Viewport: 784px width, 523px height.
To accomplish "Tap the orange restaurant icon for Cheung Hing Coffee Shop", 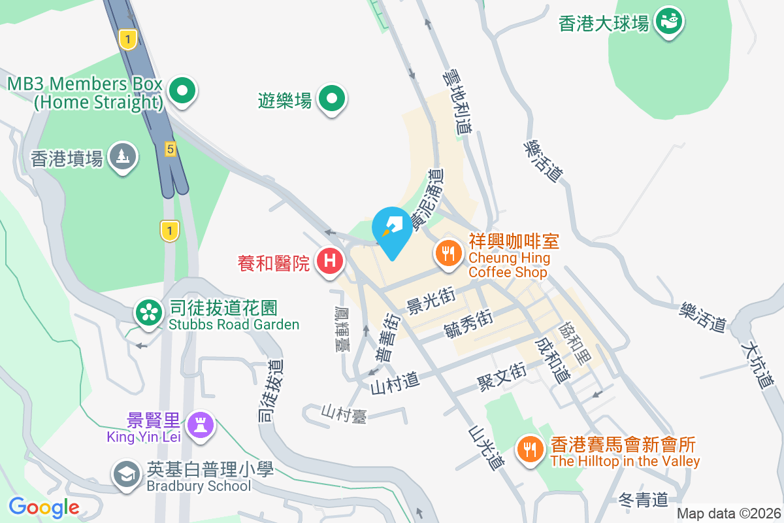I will pyautogui.click(x=448, y=252).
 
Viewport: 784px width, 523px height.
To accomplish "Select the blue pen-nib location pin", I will pyautogui.click(x=392, y=229).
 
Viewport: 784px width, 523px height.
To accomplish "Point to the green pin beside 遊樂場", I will pyautogui.click(x=332, y=99).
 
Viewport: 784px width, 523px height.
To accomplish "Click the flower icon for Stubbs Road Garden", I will pyautogui.click(x=149, y=312).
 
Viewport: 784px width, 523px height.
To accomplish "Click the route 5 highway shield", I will pyautogui.click(x=170, y=150).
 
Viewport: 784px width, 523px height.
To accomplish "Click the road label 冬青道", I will pyautogui.click(x=643, y=501).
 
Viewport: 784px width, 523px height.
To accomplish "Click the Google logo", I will pyautogui.click(x=44, y=507).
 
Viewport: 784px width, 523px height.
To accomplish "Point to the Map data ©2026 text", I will pyautogui.click(x=728, y=514).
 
